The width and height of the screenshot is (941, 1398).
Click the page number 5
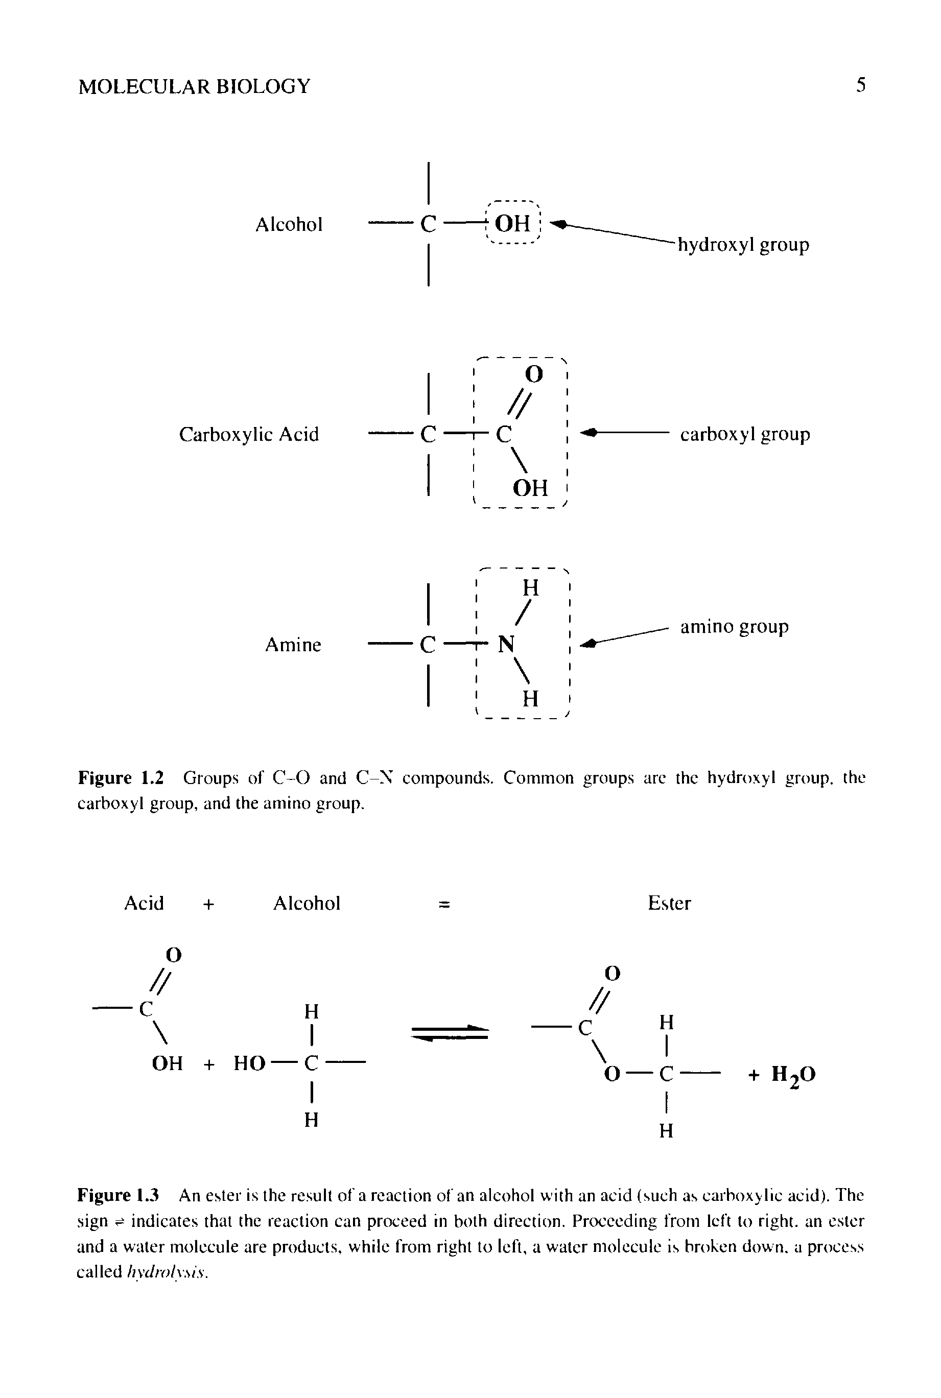(x=861, y=85)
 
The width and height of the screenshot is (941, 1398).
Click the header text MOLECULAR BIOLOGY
(x=195, y=86)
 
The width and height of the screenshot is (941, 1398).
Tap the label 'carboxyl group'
(x=745, y=434)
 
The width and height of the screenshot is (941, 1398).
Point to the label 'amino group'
(x=734, y=626)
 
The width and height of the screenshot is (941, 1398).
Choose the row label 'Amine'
(x=293, y=645)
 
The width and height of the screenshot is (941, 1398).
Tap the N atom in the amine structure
(x=506, y=645)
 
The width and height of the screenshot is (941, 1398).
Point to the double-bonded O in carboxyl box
(x=533, y=374)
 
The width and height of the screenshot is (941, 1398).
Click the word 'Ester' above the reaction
(x=669, y=903)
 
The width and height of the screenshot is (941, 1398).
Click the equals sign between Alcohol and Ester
(x=444, y=904)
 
